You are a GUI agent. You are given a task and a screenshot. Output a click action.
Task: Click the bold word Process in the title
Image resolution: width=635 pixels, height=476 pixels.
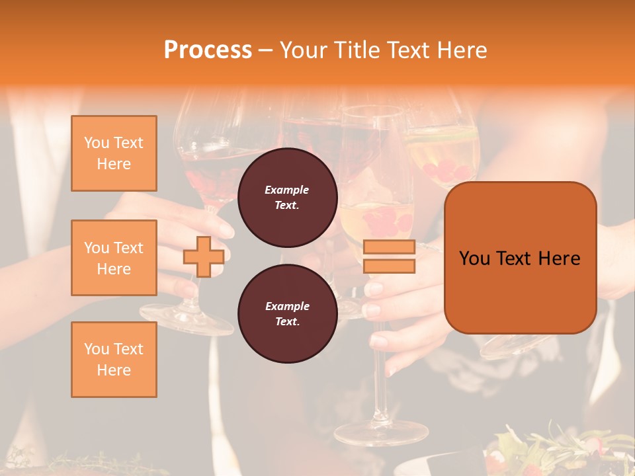click(208, 50)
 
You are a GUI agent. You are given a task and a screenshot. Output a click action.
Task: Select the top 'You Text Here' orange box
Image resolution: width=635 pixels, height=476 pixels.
click(114, 153)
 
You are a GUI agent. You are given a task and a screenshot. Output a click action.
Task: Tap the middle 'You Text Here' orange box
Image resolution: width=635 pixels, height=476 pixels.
click(114, 258)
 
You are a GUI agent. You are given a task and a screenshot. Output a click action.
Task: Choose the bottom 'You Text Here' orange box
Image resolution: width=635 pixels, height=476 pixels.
click(114, 360)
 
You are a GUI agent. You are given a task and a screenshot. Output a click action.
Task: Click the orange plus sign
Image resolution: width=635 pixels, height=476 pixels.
click(204, 257)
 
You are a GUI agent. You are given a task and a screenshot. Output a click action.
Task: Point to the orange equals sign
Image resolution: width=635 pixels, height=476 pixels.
click(389, 257)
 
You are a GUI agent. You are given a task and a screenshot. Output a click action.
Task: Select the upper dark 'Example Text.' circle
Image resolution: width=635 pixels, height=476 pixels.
click(287, 197)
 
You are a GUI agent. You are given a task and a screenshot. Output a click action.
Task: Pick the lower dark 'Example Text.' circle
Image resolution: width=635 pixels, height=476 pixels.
click(287, 313)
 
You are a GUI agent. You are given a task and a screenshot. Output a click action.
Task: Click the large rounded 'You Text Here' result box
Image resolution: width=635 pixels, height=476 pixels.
click(520, 258)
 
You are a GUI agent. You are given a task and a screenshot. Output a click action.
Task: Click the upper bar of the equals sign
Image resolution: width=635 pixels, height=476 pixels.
click(389, 247)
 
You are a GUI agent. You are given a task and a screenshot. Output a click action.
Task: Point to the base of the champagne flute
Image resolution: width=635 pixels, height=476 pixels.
click(381, 433)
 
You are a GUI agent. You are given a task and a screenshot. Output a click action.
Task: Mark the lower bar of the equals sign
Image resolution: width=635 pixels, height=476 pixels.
click(389, 266)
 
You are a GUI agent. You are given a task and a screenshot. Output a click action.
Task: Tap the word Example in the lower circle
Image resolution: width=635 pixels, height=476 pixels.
click(287, 306)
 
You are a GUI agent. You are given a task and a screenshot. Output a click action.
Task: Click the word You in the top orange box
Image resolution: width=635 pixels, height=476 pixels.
click(97, 143)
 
